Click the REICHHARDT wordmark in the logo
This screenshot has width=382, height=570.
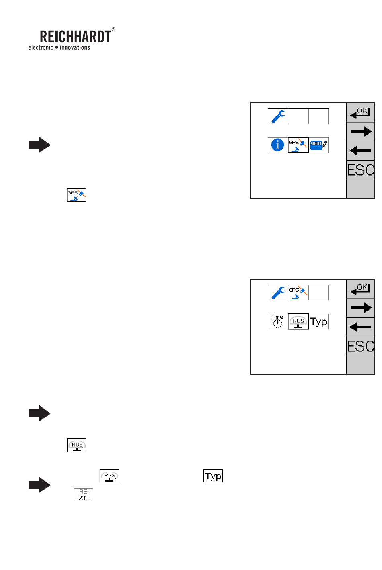tap(75, 37)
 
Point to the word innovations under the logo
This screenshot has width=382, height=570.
tap(75, 47)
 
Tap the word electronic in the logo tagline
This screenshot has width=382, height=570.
tap(41, 47)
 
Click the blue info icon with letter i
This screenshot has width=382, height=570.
tap(277, 145)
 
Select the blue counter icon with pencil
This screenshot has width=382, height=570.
tap(319, 145)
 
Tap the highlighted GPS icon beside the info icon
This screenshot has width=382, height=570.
tap(298, 145)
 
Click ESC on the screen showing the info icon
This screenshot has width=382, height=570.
tap(361, 170)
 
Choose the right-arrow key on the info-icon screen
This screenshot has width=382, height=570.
tap(361, 131)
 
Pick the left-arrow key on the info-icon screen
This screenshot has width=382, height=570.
tap(361, 151)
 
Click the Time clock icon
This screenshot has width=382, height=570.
tap(277, 321)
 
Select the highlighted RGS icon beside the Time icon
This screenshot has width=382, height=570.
tap(298, 321)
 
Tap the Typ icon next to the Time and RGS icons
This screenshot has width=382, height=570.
tap(319, 321)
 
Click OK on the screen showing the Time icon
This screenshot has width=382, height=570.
tap(361, 289)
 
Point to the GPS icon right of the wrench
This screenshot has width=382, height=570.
tap(298, 292)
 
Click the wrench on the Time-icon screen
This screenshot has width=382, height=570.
tap(277, 292)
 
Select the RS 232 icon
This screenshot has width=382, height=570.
tap(83, 494)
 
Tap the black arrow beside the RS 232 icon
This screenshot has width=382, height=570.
tap(39, 485)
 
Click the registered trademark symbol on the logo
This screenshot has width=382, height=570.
tap(113, 29)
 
